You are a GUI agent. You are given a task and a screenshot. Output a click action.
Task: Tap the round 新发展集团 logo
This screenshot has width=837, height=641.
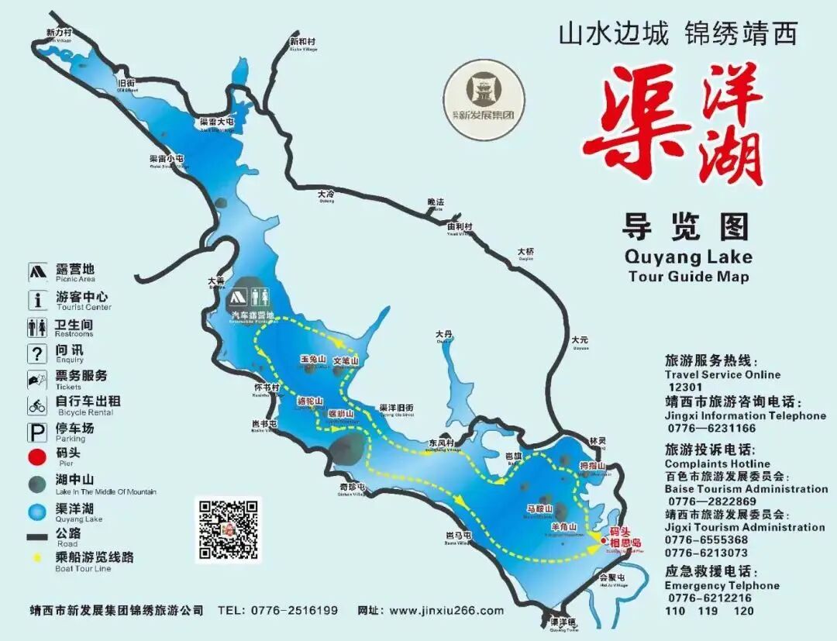pyautogui.click(x=484, y=101)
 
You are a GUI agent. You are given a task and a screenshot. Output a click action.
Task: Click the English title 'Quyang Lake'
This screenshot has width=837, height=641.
pyautogui.click(x=688, y=257)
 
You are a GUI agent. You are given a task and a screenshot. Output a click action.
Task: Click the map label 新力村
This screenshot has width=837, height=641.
pyautogui.click(x=59, y=33)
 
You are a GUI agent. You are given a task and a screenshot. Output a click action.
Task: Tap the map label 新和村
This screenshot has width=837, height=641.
pyautogui.click(x=302, y=42)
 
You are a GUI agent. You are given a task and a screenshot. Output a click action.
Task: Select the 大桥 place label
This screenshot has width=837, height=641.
pyautogui.click(x=526, y=252)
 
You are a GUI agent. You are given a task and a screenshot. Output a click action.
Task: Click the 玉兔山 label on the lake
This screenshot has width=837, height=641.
pyautogui.click(x=312, y=360)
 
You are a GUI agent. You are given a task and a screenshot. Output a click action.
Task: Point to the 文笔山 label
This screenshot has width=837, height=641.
pyautogui.click(x=346, y=361)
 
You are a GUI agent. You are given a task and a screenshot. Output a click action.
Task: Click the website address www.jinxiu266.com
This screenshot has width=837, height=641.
pyautogui.click(x=446, y=611)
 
